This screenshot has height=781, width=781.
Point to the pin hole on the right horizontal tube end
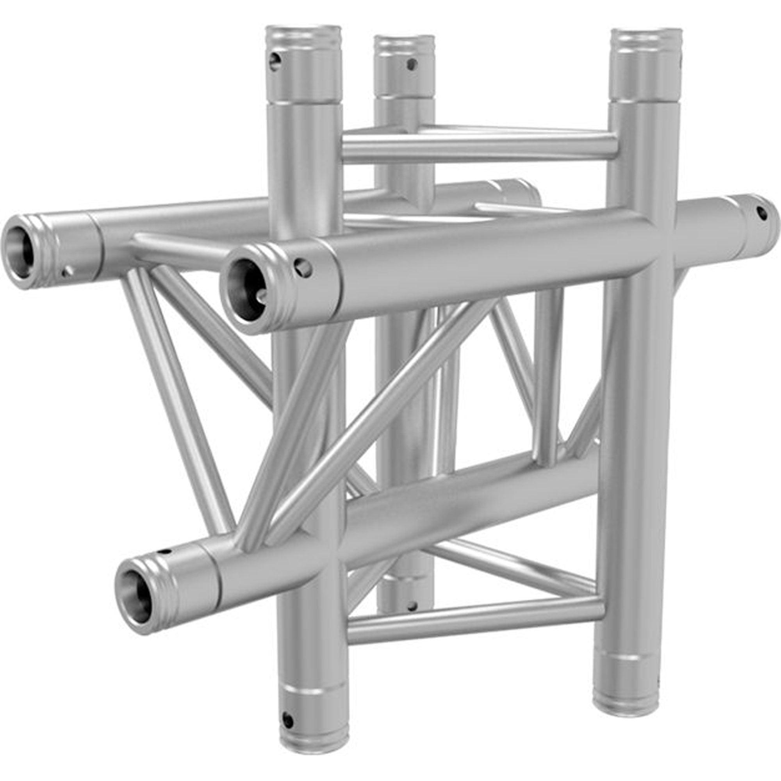761,213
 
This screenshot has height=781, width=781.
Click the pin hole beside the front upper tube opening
303,268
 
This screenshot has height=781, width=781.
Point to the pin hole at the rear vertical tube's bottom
412,605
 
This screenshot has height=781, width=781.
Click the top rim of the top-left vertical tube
303,29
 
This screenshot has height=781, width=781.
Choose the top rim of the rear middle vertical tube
404,39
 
